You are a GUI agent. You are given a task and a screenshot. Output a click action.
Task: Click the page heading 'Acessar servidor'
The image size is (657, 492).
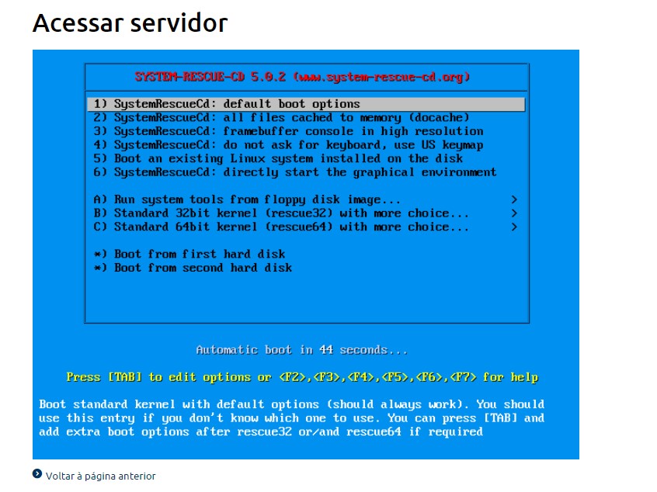[130, 23]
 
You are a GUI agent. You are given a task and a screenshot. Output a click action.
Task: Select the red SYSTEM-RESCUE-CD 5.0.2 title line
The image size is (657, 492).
[302, 77]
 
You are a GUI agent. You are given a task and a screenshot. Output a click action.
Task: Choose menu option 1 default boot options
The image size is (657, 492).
[227, 104]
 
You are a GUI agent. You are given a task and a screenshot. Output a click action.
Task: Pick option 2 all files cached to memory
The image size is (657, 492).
[281, 118]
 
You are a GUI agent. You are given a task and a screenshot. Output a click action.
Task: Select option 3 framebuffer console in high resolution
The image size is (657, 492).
[288, 131]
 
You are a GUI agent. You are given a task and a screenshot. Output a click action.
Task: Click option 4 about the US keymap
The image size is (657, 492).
[288, 145]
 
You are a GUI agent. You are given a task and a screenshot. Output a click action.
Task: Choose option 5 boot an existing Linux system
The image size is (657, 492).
[278, 158]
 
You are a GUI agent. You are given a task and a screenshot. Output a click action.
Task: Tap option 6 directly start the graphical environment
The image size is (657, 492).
[295, 172]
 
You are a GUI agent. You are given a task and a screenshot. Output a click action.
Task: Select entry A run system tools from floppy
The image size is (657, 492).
[247, 199]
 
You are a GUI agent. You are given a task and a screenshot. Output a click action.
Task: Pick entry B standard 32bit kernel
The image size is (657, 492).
[281, 213]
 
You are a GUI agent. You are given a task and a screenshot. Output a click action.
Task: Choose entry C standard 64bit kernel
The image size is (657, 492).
[281, 227]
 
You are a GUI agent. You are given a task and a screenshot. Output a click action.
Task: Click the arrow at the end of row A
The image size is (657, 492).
[514, 199]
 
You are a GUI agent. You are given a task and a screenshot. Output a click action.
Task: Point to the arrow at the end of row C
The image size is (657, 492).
[514, 227]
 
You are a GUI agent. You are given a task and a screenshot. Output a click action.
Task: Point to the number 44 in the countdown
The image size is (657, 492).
[326, 350]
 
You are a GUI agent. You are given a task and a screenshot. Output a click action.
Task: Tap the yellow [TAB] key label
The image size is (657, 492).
[125, 377]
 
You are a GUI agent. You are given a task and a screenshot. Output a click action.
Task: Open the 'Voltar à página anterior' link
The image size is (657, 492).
[100, 476]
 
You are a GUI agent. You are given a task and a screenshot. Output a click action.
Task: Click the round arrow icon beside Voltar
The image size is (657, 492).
[37, 473]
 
